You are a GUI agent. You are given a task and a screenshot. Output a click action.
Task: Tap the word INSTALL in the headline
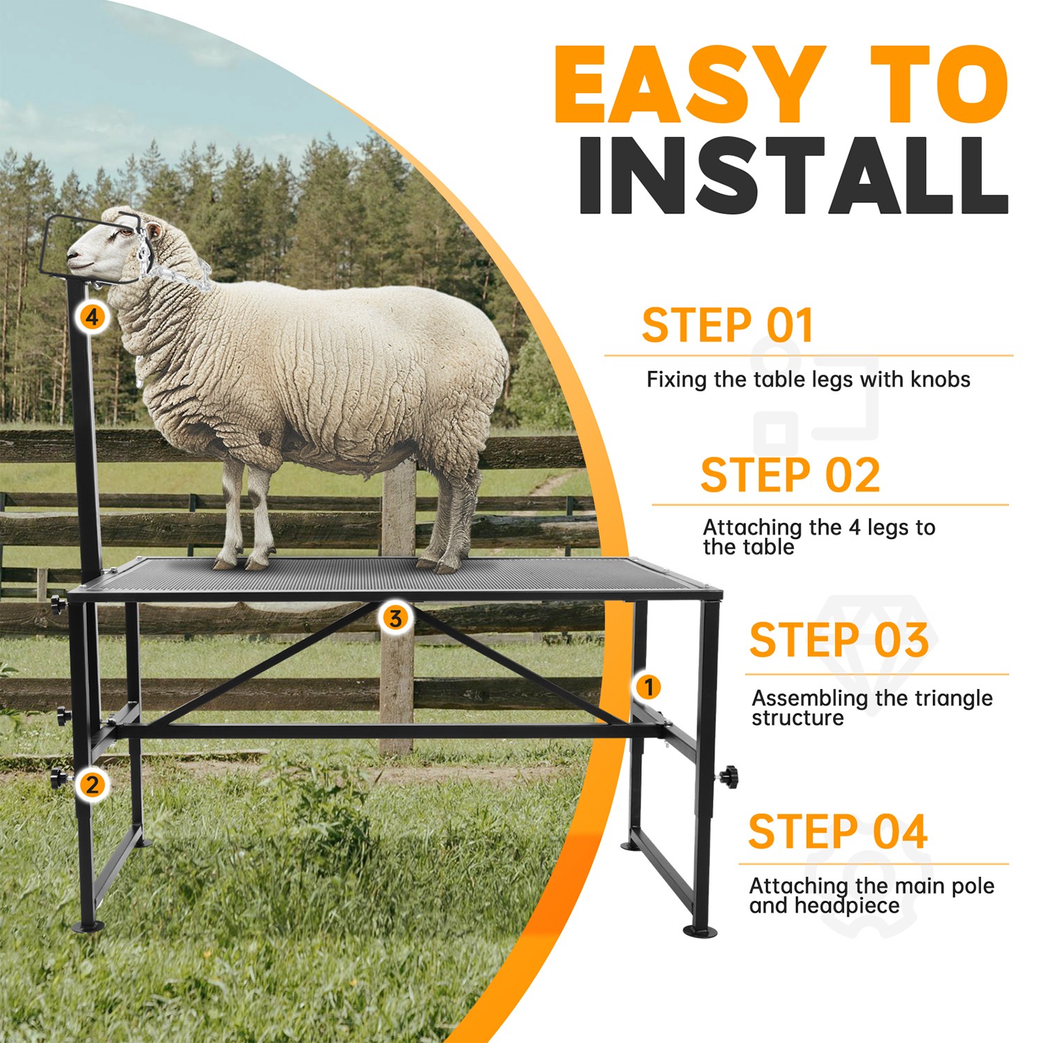[x=793, y=175]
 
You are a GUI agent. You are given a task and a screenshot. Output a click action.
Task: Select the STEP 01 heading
[x=727, y=325]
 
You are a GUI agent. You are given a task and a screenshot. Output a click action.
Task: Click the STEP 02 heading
[x=790, y=476]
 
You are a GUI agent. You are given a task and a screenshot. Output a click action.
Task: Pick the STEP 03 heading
[x=839, y=640]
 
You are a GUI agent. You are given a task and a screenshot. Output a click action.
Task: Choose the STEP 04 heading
[x=837, y=832]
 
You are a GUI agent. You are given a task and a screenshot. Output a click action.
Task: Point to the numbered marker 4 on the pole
[x=92, y=317]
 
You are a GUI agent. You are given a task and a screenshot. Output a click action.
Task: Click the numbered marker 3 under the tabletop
[x=395, y=617]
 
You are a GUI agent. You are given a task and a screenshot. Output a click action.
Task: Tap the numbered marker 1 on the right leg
[x=648, y=688]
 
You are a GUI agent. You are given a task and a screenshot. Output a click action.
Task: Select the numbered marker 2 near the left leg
[x=92, y=785]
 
